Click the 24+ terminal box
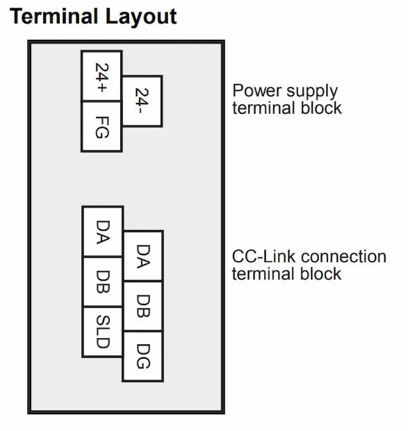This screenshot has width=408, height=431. point(101,76)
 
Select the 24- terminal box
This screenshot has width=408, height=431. point(142,101)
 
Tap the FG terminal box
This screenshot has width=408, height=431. point(101,126)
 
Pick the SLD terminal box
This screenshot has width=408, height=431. point(103,332)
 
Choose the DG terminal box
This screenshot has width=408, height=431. point(143,356)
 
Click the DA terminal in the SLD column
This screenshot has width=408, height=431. point(103,231)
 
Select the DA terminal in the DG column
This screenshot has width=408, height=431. point(143,256)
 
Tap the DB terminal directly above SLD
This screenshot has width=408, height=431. point(103,282)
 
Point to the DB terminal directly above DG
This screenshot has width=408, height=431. point(143,306)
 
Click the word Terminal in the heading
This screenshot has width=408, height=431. point(54,16)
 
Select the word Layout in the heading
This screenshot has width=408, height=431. point(141,17)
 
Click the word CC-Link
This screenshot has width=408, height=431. point(264,256)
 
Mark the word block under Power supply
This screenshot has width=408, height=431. point(321,108)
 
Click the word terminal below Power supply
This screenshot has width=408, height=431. point(264,108)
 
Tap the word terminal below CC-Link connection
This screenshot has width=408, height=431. point(263,274)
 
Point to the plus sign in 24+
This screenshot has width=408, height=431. point(101,88)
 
